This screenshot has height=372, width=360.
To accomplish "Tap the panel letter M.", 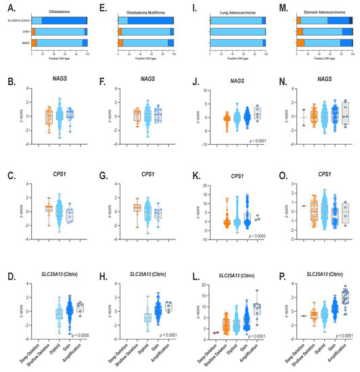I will (279, 5).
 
